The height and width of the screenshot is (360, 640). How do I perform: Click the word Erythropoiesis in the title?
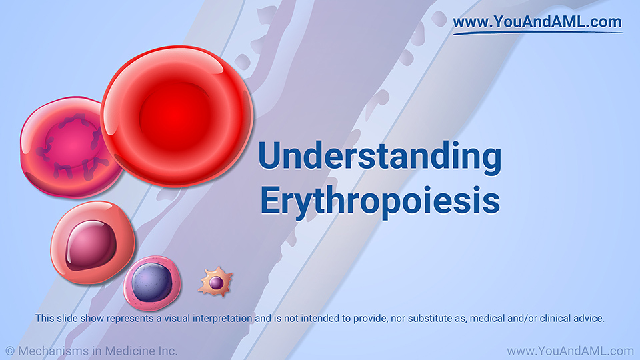point(380,201)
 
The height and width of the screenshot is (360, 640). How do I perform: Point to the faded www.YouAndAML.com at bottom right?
point(570,351)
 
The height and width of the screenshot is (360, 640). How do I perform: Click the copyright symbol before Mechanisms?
point(10,351)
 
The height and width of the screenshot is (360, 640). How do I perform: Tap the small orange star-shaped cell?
point(215,281)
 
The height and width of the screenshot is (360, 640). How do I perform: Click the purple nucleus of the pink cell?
point(152,283)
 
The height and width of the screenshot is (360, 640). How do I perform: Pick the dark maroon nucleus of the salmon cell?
point(91,245)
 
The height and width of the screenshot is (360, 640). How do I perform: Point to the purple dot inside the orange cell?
point(216,282)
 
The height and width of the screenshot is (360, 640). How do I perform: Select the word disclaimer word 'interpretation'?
point(223,319)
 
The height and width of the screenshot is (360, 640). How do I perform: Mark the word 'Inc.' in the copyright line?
point(169,351)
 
